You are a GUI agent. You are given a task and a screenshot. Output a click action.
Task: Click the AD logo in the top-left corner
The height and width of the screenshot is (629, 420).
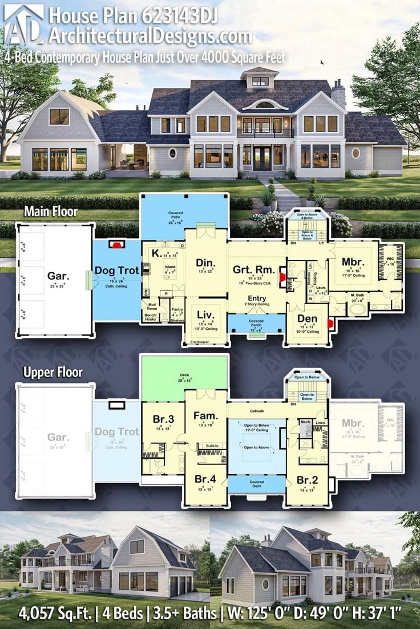tap(23, 23)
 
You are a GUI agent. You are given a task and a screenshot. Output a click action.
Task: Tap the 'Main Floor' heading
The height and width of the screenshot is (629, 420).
tap(50, 211)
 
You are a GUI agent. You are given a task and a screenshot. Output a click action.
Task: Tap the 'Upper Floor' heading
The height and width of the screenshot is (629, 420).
tap(52, 373)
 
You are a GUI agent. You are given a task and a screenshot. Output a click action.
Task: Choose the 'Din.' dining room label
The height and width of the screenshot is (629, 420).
tap(205, 262)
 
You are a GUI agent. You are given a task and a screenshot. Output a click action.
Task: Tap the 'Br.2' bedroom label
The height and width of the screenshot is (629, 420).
tap(306, 480)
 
